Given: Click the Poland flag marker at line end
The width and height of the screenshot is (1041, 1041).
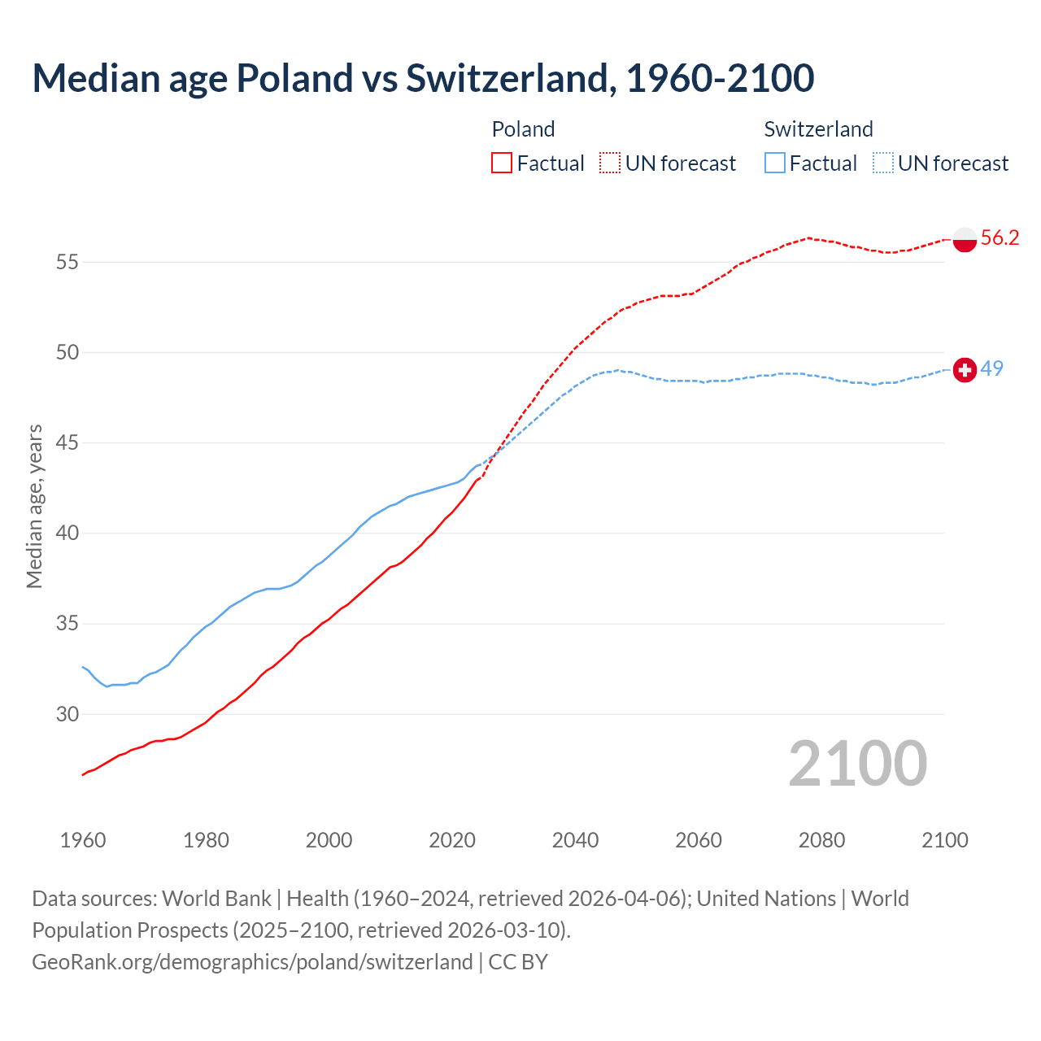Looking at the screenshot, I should click(x=964, y=240).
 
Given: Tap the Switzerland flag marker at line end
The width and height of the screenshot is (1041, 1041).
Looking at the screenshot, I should click(x=964, y=370).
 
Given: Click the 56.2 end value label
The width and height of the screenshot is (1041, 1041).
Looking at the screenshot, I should click(x=1000, y=237).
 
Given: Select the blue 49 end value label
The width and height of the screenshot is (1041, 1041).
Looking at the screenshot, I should click(x=991, y=368).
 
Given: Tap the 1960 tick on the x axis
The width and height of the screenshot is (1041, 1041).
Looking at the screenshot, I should click(x=83, y=840).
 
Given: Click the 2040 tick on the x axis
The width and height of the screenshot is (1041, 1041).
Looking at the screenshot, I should click(x=575, y=840).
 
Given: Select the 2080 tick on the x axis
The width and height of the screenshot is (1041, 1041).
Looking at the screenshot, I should click(x=821, y=840).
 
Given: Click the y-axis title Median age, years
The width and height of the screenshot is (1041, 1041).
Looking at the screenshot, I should click(x=34, y=506).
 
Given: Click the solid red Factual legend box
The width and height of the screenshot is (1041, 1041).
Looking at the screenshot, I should click(x=502, y=163).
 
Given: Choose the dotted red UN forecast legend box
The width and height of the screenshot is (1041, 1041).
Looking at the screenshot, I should click(x=610, y=163).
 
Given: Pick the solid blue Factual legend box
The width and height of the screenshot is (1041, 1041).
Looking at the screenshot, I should click(x=775, y=163).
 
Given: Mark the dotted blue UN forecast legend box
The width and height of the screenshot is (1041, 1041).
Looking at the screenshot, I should click(x=883, y=163).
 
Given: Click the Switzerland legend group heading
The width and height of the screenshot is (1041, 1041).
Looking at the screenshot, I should click(x=818, y=129).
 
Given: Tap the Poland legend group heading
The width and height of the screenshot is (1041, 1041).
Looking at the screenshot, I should click(x=523, y=129).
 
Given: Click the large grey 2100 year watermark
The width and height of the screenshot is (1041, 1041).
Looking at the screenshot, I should click(x=857, y=764).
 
